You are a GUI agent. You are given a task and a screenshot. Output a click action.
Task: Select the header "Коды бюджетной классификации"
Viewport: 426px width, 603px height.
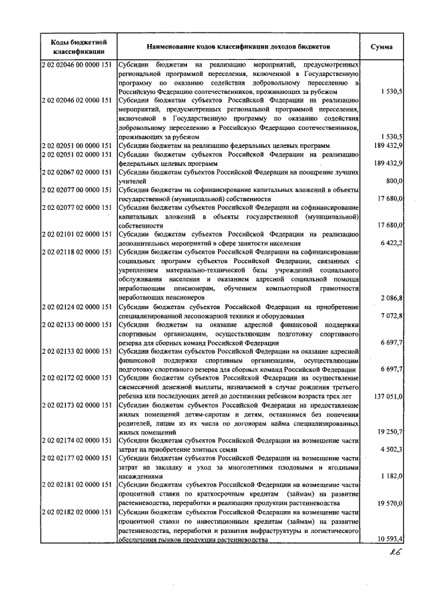pos(75,47)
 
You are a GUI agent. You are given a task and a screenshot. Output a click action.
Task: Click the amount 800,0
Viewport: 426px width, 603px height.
pos(393,181)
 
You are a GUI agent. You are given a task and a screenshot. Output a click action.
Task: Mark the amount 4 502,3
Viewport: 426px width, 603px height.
pos(389,450)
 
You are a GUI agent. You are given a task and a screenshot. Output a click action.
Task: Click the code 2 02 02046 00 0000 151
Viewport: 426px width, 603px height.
pos(75,64)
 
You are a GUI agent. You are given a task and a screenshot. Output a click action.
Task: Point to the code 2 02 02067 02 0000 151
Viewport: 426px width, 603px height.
pos(75,172)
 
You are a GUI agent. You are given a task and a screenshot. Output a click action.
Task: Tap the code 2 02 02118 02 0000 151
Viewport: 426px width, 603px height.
pos(75,253)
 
